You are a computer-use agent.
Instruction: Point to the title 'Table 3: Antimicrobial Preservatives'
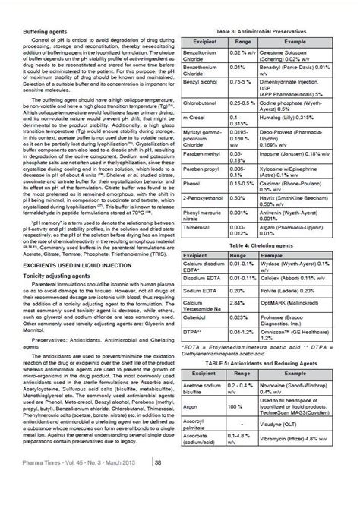tap(265, 30)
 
